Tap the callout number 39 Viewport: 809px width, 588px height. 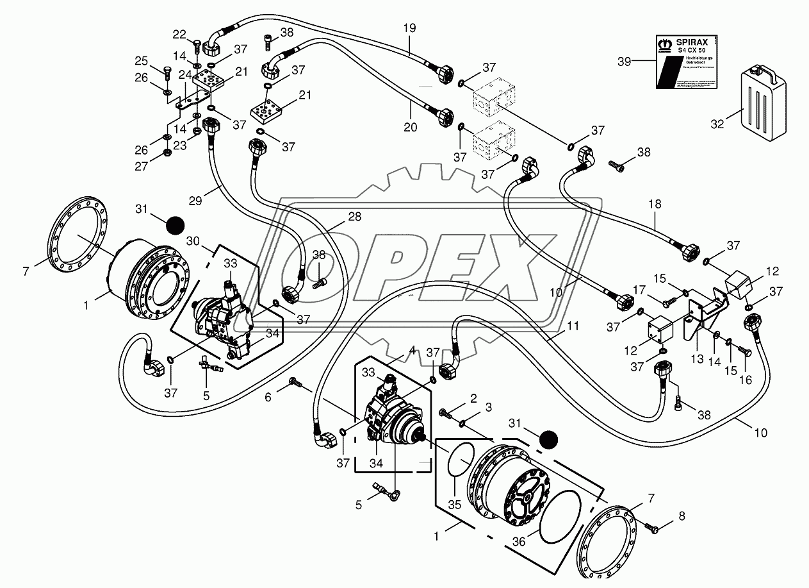click(x=625, y=62)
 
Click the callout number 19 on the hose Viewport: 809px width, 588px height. click(x=410, y=28)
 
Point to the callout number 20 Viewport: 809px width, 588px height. click(x=411, y=127)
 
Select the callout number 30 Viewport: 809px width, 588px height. click(x=193, y=240)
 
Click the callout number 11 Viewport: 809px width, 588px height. click(x=573, y=326)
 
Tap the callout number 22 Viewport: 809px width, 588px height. click(x=179, y=34)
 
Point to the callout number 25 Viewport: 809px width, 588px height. click(x=140, y=61)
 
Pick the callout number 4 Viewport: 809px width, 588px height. click(x=413, y=350)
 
